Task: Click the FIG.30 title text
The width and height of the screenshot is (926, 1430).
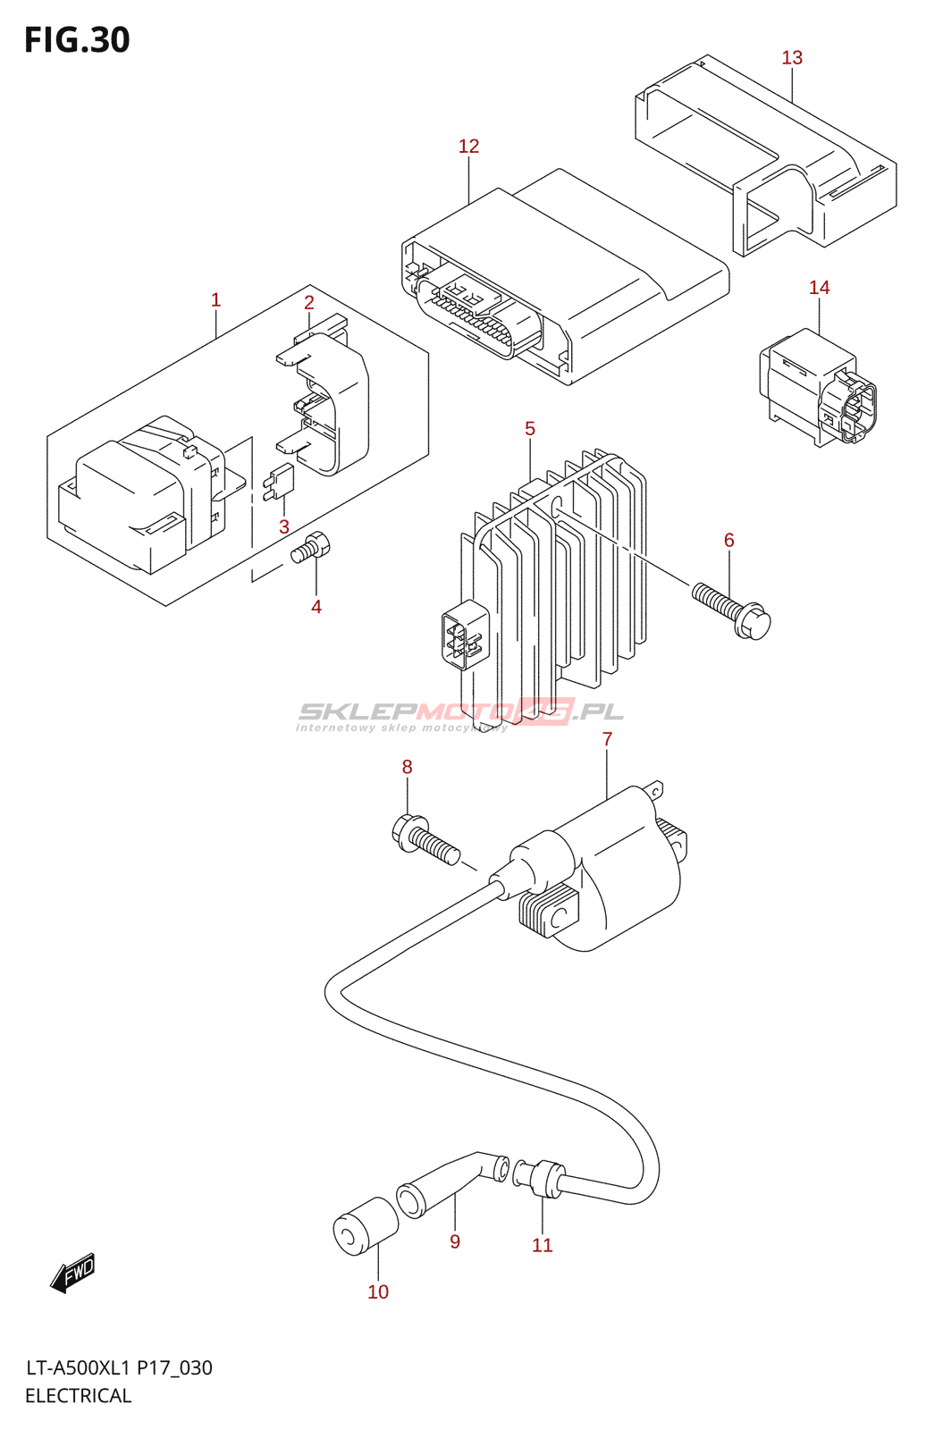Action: point(77,40)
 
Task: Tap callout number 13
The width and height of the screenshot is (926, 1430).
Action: point(792,58)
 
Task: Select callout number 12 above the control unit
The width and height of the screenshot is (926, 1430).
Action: point(468,147)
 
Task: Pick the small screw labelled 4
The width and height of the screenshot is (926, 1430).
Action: point(311,547)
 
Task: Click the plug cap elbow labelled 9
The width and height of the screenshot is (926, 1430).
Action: point(451,1182)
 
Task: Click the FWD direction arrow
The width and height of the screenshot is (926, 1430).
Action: point(72,1273)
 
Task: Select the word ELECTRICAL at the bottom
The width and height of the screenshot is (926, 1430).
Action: point(78,1395)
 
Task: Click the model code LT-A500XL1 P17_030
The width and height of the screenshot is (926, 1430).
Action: point(119,1367)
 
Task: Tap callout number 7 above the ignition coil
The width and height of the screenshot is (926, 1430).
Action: point(607,739)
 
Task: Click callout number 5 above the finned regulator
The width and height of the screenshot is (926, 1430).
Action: point(530,429)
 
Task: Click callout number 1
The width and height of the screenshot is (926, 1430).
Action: point(215,300)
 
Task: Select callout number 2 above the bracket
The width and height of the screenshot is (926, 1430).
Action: point(308,302)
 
